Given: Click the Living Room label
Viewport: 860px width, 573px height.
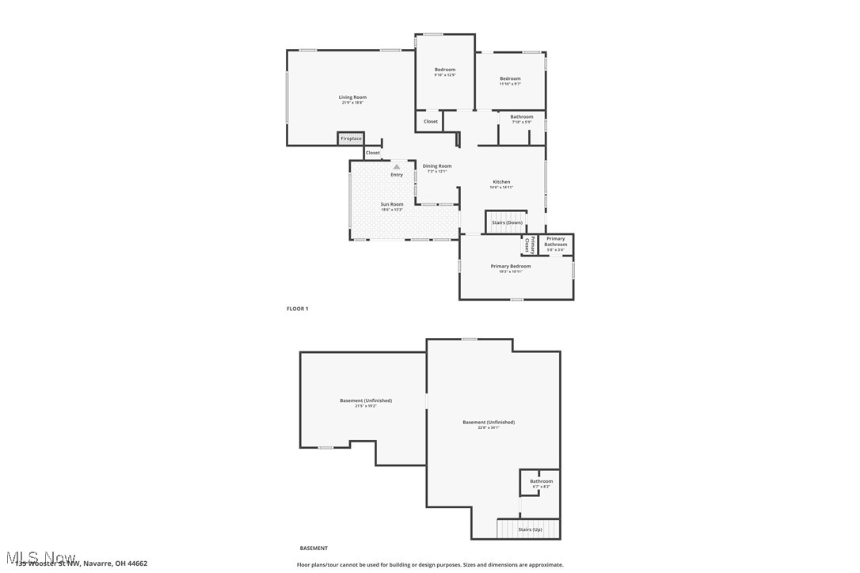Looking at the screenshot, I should coord(352,97).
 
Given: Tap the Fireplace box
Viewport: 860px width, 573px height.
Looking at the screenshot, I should coord(351,139).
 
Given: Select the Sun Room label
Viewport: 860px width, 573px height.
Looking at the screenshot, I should coord(391,204).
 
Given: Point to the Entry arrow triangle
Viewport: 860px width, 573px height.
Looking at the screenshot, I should coord(397,166).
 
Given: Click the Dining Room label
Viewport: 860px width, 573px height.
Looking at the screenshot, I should coord(436,166).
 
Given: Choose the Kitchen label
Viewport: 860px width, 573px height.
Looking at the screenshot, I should coord(501,182).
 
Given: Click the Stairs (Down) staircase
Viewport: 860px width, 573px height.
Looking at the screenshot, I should coord(506,222).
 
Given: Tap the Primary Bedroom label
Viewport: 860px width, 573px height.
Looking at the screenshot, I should coord(510,266).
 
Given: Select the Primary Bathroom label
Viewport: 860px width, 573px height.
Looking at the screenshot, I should coord(555,241).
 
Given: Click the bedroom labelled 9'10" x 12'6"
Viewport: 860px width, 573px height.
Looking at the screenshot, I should coord(444,70).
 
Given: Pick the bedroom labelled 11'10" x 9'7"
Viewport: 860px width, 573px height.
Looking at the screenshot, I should coord(510,78).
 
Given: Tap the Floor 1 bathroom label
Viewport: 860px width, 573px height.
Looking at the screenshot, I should coord(521,117).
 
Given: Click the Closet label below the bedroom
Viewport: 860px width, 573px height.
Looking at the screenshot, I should coord(430,121).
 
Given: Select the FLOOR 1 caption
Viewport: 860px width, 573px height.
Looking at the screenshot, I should coord(297,309).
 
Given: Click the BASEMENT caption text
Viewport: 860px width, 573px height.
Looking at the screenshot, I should coord(313,548).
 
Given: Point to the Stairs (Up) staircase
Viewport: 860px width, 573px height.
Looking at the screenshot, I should coord(529,529).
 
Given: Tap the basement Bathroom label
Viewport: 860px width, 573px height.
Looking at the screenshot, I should coord(541,481).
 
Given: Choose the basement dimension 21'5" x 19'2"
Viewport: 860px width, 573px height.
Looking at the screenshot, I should coord(365,406).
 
